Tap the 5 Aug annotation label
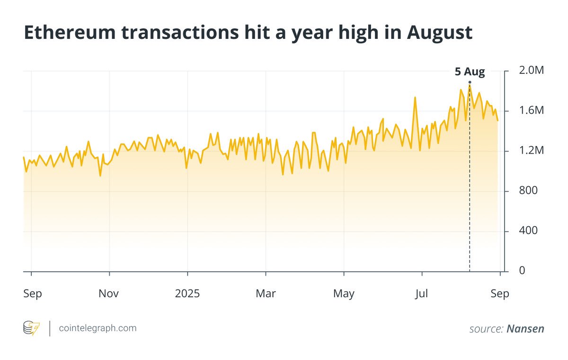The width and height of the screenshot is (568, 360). [x=470, y=72]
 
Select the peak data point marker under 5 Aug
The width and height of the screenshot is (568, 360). [x=470, y=82]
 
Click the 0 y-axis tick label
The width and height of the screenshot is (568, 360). [x=522, y=270]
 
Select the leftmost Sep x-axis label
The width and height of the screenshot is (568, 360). [x=33, y=294]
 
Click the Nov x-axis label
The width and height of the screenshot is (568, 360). [x=109, y=294]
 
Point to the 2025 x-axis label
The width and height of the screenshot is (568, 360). [x=187, y=294]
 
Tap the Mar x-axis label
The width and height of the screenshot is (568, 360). [x=266, y=294]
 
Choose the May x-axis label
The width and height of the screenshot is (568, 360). [x=344, y=294]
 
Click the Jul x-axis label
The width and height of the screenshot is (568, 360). [x=421, y=294]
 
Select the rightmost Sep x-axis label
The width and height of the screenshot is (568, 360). [x=500, y=294]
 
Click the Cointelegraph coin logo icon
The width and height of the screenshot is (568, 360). [x=32, y=328]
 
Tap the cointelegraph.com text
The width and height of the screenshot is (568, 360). [x=98, y=328]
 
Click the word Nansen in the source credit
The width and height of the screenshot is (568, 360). [x=525, y=329]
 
